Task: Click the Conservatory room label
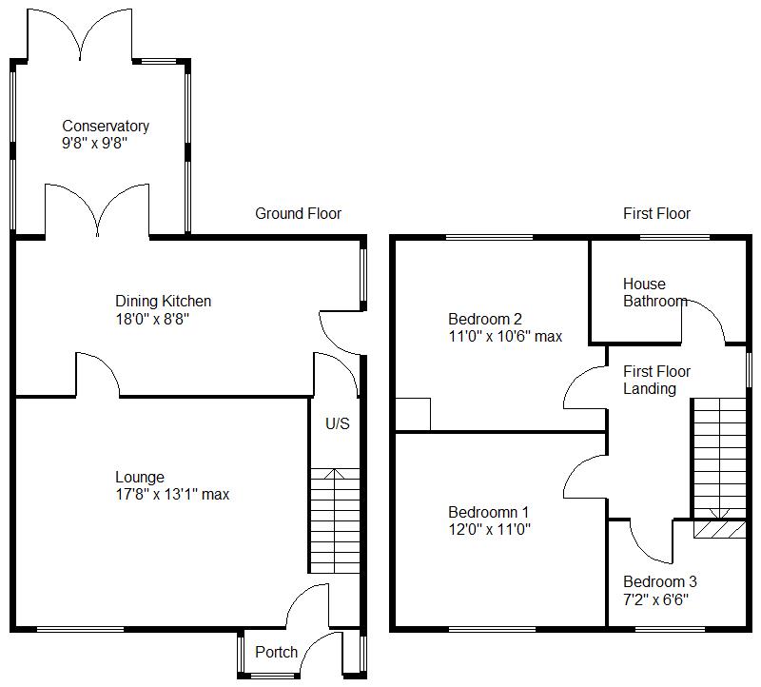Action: (106, 126)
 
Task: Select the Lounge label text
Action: (140, 477)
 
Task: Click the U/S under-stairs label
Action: (338, 423)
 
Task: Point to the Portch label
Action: (277, 652)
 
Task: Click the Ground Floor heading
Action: (298, 213)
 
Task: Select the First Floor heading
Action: (656, 213)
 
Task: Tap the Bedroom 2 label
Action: (485, 319)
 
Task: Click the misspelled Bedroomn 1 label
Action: (489, 511)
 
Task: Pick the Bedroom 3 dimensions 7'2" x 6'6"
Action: (656, 599)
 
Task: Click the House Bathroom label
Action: (655, 292)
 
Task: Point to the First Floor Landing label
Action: (656, 380)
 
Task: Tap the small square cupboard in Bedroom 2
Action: (414, 414)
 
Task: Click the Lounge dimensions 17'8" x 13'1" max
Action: (172, 495)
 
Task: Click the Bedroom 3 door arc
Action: (648, 542)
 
